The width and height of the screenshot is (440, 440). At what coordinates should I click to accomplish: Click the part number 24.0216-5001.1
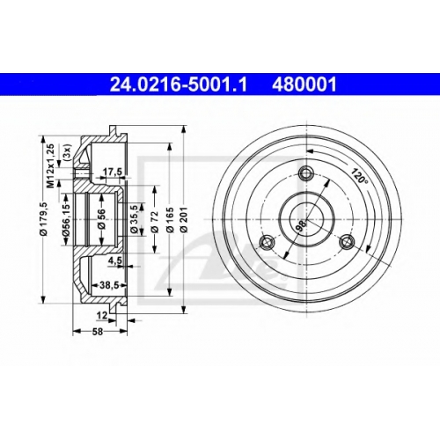179,84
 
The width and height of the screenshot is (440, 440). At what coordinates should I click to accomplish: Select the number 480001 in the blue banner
304,84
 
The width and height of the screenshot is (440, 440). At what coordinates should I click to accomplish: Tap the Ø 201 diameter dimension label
185,220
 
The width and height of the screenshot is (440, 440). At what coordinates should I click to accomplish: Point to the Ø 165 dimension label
171,220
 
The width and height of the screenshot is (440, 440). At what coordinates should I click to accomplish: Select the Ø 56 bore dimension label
101,218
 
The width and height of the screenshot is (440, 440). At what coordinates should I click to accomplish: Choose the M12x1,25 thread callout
50,165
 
